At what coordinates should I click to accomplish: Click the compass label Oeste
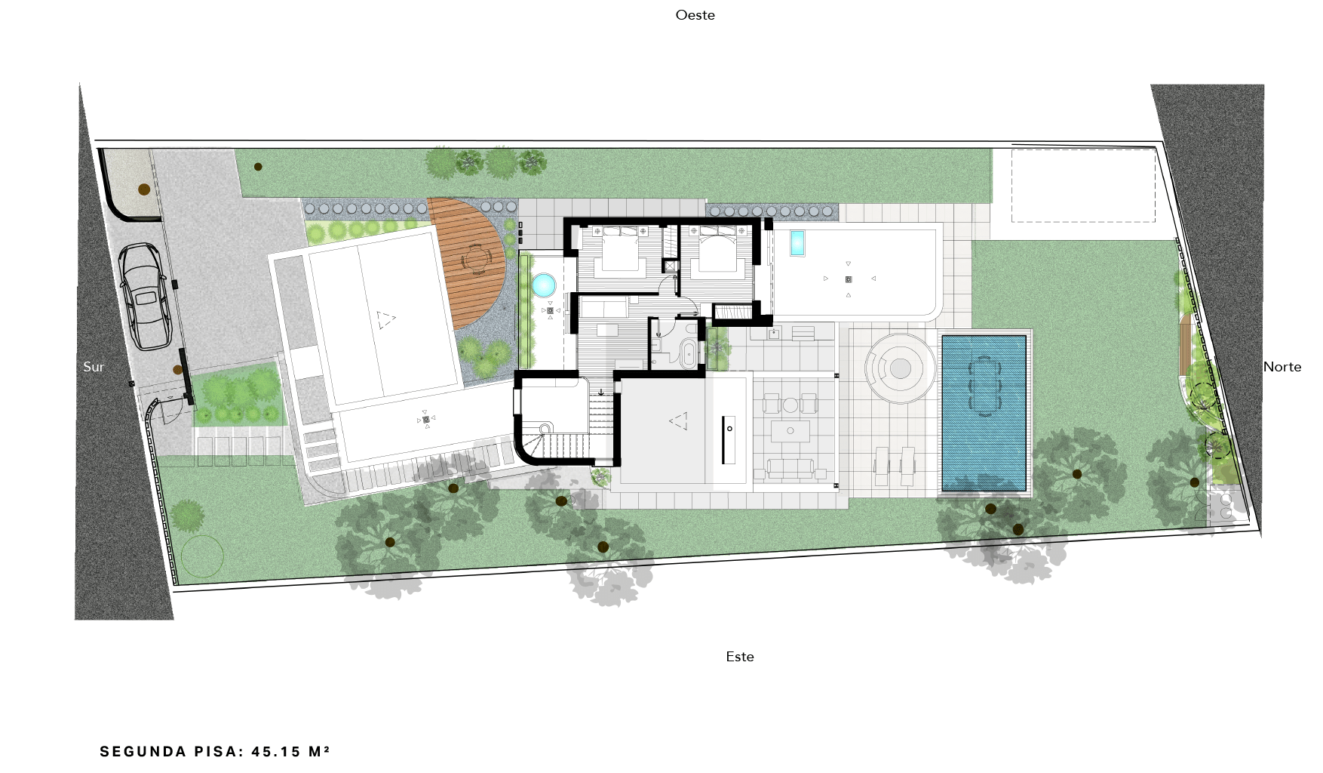point(695,15)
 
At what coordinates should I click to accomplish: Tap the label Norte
point(1282,367)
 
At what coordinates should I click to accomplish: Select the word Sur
point(94,367)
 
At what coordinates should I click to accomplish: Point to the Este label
point(740,657)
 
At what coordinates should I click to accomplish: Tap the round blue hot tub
point(544,285)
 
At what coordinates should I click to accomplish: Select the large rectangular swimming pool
point(984,413)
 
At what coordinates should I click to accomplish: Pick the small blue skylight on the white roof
point(797,243)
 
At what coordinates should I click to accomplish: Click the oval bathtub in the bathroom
point(689,353)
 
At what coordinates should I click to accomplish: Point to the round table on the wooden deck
point(476,260)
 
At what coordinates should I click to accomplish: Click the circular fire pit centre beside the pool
point(900,368)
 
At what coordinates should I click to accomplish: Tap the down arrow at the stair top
point(600,392)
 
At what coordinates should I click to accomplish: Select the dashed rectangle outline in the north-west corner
point(1083,186)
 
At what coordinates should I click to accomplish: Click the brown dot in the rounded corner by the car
point(144,189)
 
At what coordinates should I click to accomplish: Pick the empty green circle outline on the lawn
point(202,556)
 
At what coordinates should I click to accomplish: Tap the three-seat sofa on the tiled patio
point(790,469)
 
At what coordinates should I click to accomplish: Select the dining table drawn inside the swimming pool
point(984,385)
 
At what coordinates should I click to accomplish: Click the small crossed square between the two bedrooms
point(670,266)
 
